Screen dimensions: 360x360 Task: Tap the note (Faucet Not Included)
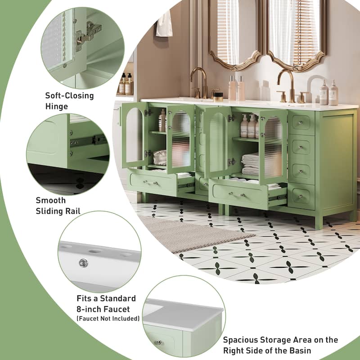(x=108, y=319)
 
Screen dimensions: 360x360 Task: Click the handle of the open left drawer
(x=150, y=182)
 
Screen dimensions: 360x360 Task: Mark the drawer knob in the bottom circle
(x=158, y=342)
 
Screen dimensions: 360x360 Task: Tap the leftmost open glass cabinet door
(x=134, y=135)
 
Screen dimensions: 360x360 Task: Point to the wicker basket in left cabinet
(x=159, y=157)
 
